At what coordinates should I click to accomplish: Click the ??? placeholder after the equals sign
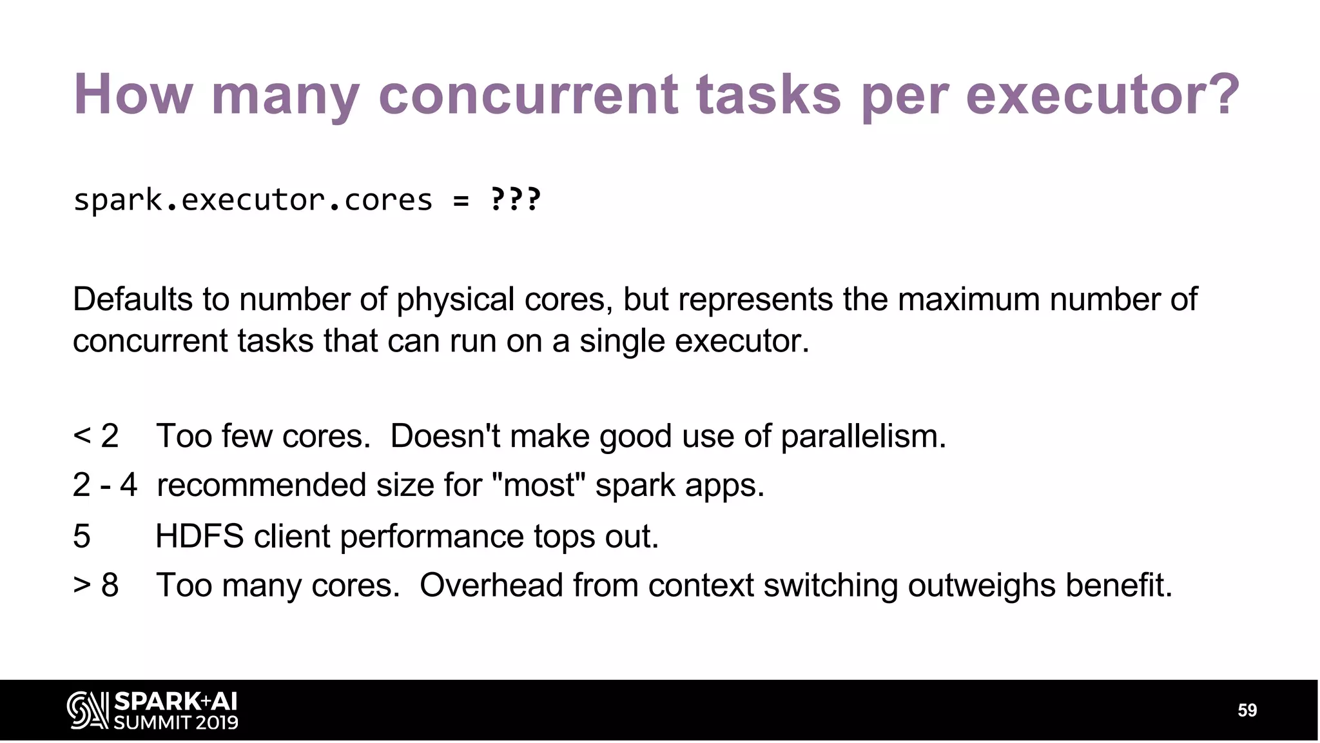516,200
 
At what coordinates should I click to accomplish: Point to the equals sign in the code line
461,201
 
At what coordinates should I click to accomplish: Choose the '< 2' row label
96,436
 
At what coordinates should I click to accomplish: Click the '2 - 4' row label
105,485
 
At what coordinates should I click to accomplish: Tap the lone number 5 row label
82,537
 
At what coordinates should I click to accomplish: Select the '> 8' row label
96,586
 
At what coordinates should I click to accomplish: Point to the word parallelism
863,437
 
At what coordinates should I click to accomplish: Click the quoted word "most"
539,485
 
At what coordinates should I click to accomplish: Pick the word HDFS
200,537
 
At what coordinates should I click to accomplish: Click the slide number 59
1247,711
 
